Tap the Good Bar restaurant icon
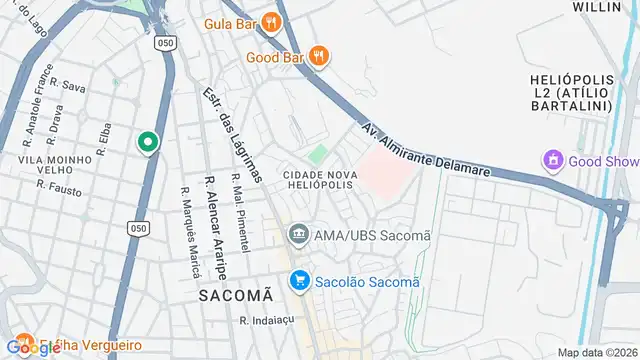coord(319,57)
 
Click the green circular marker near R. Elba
coord(148,143)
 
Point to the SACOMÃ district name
coord(234,295)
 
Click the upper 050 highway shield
coord(166,43)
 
